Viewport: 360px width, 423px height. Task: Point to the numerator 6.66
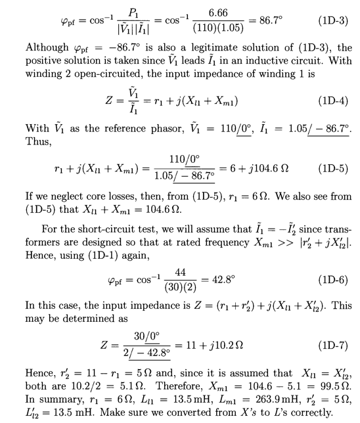click(221, 12)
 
